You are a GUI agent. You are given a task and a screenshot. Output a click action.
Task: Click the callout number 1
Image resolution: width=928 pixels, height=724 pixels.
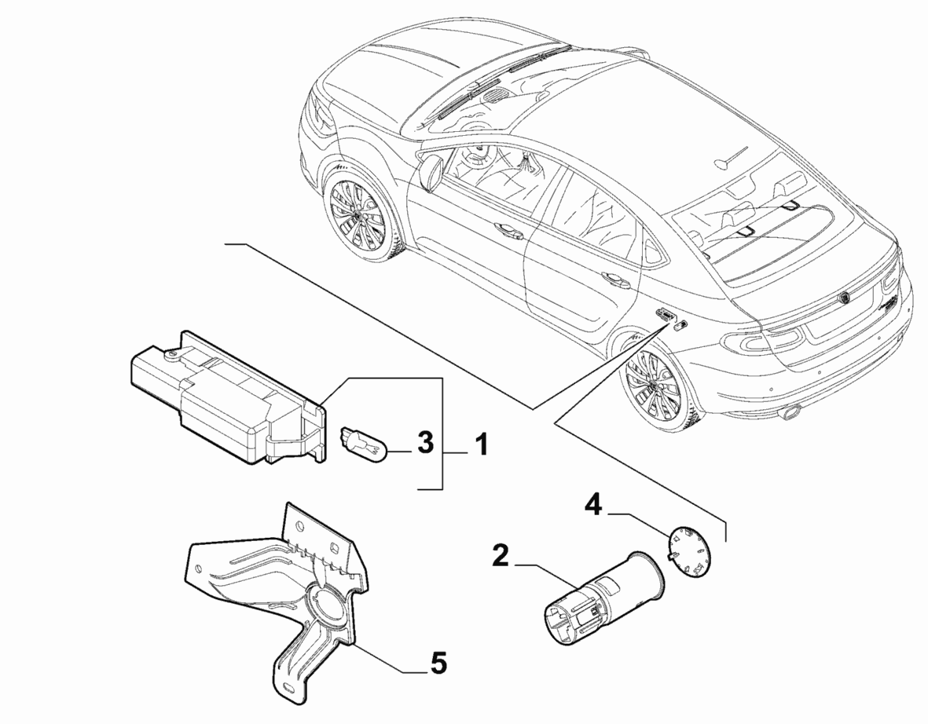coord(482,444)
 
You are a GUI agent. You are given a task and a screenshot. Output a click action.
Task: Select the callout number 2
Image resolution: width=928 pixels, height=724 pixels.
coord(500,557)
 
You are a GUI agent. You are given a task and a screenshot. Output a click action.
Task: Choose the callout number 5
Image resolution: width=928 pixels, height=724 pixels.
coord(438,664)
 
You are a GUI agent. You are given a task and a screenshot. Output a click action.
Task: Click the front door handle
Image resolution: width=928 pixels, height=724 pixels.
coord(508,231)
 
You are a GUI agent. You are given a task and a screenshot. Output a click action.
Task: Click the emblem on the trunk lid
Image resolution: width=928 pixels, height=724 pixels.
coord(845,298)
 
